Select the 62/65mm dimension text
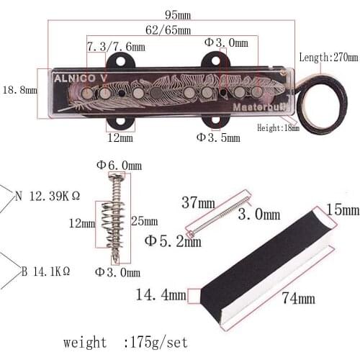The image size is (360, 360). [168, 30]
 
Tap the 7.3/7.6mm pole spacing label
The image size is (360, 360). [116, 47]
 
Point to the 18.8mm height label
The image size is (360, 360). [19, 90]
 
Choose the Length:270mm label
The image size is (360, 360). [328, 57]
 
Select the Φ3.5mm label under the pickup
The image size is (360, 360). [218, 137]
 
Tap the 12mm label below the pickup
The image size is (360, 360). [120, 137]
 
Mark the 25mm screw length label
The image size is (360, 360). [145, 220]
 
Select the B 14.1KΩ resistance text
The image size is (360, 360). [45, 271]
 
